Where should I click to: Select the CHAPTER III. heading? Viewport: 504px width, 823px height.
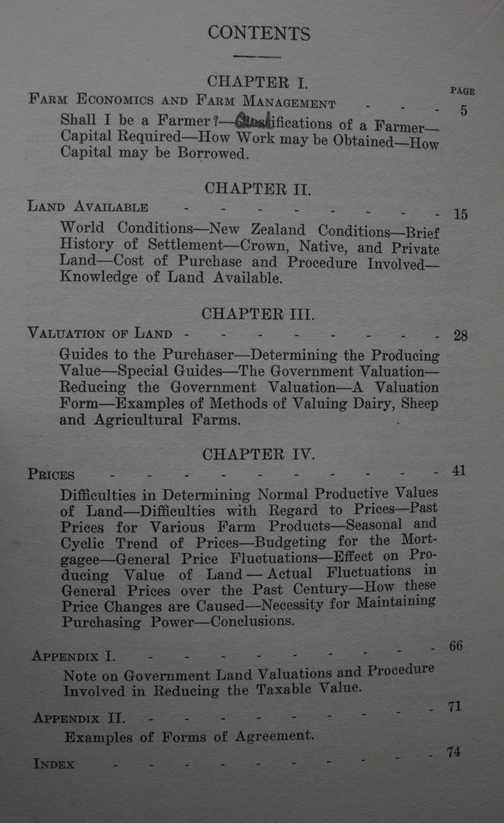tap(258, 314)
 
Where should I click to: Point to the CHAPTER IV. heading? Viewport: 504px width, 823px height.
tap(258, 454)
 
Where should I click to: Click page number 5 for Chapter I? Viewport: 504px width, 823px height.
tap(463, 110)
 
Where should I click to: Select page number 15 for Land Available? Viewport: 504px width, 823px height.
tap(460, 215)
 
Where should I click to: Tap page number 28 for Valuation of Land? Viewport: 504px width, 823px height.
tap(460, 336)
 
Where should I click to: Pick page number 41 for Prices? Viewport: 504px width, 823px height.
tap(459, 471)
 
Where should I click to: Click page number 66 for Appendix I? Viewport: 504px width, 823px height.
tap(455, 646)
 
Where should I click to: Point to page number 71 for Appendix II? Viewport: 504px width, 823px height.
tap(454, 707)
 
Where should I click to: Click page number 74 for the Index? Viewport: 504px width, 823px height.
tap(454, 752)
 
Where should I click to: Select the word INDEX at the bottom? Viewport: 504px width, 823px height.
tap(54, 764)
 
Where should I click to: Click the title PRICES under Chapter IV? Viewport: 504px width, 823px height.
tap(51, 475)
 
